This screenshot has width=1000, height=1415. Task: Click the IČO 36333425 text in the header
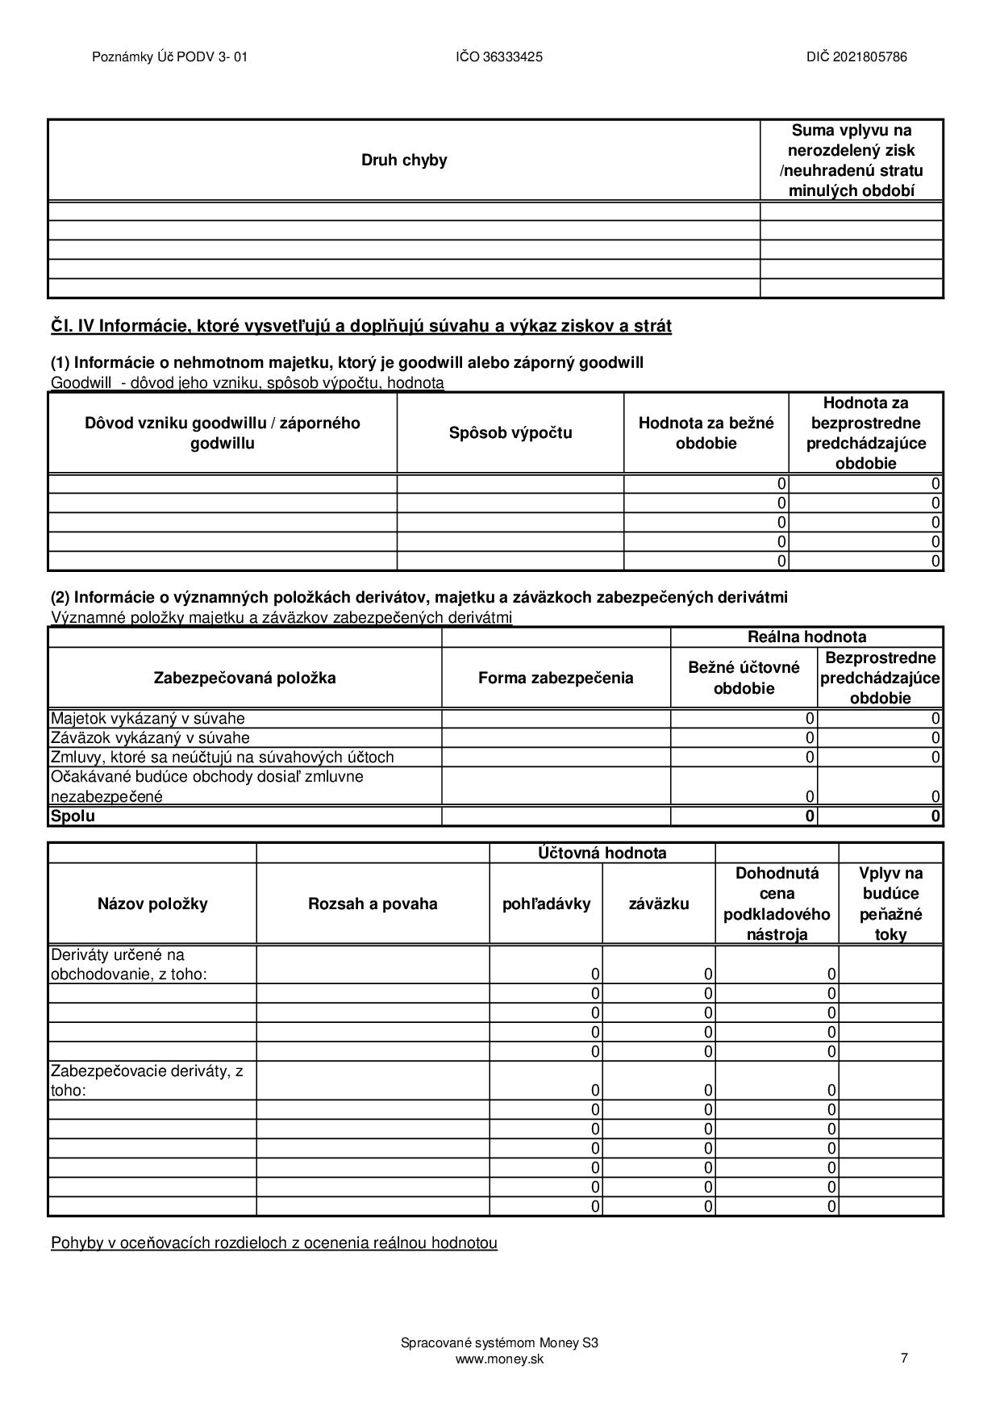pos(498,56)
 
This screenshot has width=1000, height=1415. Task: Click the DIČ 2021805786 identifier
pos(856,56)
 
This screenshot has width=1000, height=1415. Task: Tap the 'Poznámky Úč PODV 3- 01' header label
pos(169,56)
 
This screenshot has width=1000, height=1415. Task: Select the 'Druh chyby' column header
pos(403,160)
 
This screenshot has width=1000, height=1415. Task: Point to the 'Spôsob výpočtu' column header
pos(510,432)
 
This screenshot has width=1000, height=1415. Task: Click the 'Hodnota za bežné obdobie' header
pos(706,432)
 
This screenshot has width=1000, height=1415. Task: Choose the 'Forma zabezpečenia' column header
pos(556,678)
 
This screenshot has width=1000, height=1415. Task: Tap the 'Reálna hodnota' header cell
pos(806,637)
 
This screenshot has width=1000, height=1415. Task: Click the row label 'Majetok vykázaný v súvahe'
pos(148,718)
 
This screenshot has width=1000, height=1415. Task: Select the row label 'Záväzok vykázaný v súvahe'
pos(150,737)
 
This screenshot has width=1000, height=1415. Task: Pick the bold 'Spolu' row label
pos(73,816)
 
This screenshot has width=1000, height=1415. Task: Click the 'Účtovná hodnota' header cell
pos(602,853)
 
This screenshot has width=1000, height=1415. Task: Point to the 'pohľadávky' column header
pos(546,904)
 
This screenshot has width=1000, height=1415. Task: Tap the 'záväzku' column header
pos(658,904)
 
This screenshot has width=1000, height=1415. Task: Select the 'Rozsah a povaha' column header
pos(373,904)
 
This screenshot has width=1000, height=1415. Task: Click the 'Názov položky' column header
pos(152,904)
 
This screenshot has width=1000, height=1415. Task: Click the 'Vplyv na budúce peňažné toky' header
pos(890,904)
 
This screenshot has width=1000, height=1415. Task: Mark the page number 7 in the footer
pos(904,1358)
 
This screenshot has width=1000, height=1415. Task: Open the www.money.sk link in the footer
pos(499,1359)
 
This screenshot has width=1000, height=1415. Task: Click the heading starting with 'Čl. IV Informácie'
pos(360,326)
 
